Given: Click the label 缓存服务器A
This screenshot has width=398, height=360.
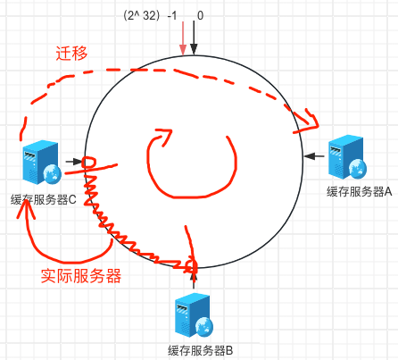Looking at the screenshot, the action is tap(359, 191).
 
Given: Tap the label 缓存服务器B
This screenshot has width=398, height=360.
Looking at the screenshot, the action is tap(200, 350).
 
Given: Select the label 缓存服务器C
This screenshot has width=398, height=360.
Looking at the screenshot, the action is tap(44, 199).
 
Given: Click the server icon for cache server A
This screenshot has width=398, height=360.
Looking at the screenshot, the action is tap(347, 157).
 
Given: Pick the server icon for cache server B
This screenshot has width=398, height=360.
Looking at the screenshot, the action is tap(194, 315).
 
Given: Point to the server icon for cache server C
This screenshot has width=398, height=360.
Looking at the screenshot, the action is tap(42, 163).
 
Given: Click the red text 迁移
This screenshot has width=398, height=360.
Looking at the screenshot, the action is tap(71, 54).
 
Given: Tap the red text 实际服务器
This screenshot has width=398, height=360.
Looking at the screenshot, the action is tap(81, 276).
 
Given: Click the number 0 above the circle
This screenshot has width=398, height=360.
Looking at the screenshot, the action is tap(200, 15).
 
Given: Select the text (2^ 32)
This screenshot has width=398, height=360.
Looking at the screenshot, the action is tap(142, 15).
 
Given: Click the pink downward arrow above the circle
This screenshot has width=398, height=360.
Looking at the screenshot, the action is tap(183, 38).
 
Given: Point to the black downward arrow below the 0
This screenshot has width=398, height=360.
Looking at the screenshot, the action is tap(194, 38).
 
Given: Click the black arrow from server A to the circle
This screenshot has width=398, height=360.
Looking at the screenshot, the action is tap(314, 155).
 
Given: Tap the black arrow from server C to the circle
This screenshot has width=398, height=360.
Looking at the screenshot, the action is tap(74, 162).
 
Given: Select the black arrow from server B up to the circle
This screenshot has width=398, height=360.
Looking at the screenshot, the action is tap(194, 279).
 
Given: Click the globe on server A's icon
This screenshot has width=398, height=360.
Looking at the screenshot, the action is tap(358, 168).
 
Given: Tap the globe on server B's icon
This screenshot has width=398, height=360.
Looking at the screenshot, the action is tap(204, 326).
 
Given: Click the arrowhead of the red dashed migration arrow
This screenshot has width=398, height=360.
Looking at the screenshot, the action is tap(310, 121).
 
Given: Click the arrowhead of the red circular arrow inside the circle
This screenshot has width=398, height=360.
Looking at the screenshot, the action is tap(163, 137).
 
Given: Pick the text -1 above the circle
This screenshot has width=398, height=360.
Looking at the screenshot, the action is tap(172, 15).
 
